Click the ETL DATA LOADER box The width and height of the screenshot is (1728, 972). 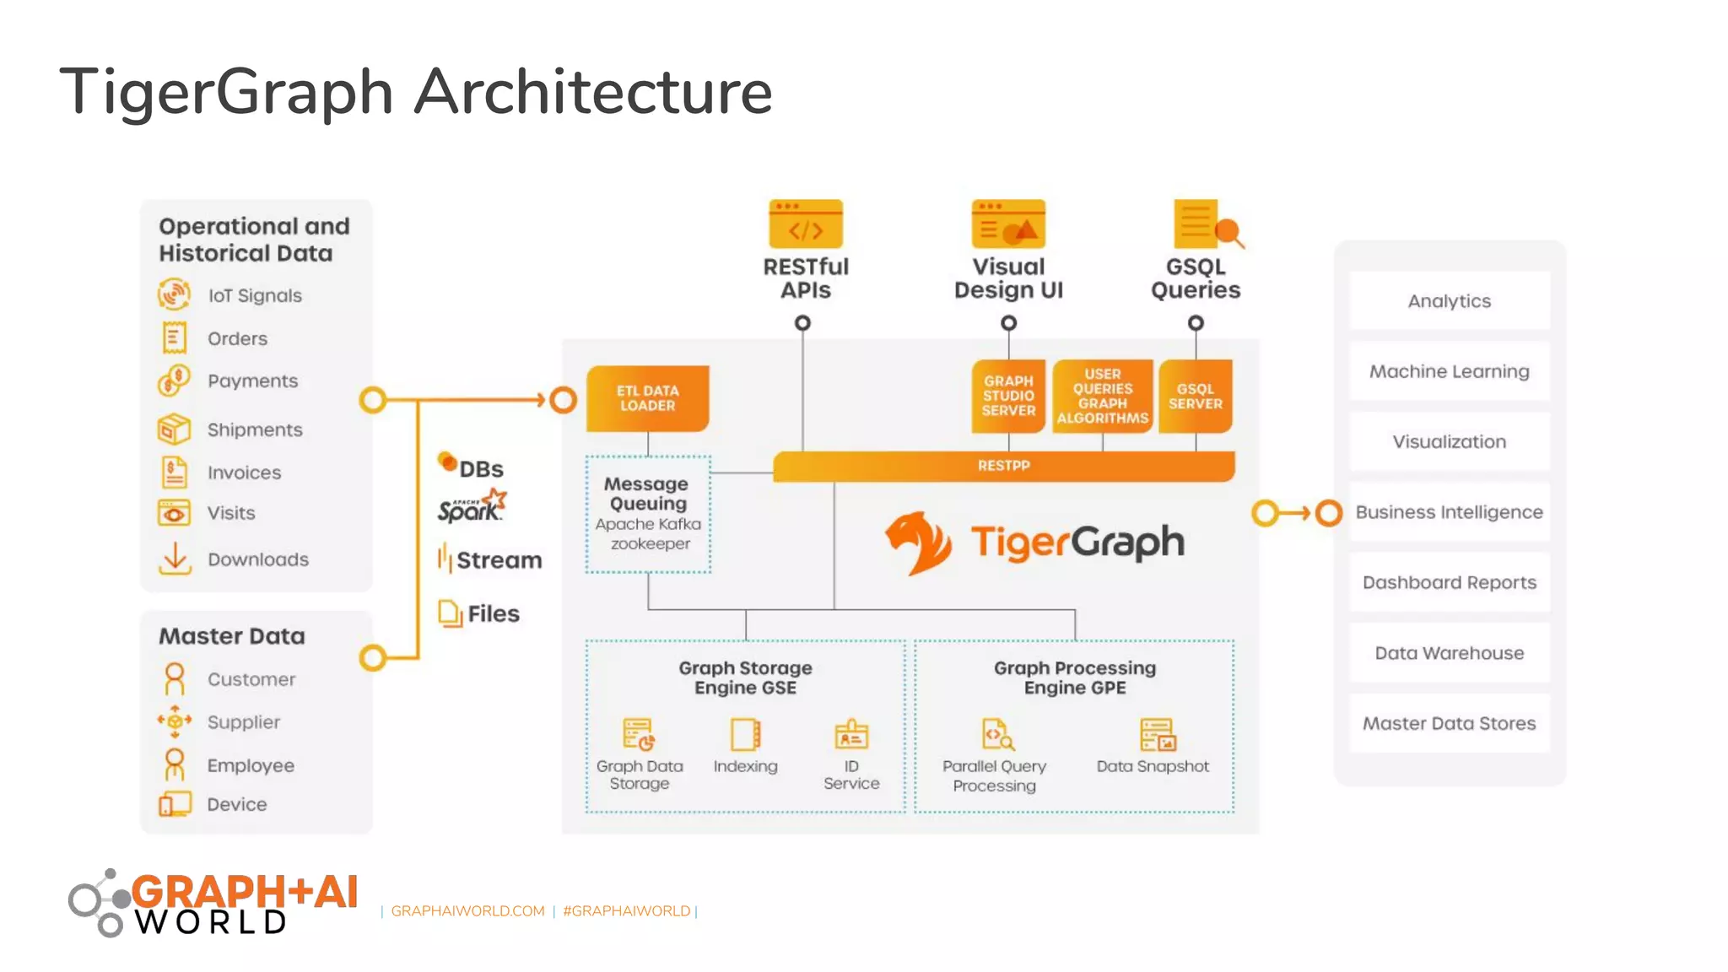(x=647, y=398)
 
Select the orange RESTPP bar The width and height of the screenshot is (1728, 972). (x=1003, y=466)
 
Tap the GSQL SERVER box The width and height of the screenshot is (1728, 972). (x=1195, y=397)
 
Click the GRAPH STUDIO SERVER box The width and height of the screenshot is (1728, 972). (x=1007, y=396)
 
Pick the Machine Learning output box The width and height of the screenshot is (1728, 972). (x=1449, y=371)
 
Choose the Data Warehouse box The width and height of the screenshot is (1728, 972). (x=1449, y=653)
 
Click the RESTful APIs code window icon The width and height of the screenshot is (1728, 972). (x=805, y=224)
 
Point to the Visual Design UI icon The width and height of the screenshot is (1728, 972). (x=1007, y=224)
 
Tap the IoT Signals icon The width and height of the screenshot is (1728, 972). (x=174, y=294)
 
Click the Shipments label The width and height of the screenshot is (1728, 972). (x=255, y=429)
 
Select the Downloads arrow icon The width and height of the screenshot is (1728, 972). (x=175, y=559)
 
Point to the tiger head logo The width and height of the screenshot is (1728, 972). (x=917, y=543)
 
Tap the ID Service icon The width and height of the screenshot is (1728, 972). (x=850, y=735)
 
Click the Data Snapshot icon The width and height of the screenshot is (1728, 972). (x=1156, y=735)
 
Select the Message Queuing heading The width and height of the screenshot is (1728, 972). (x=647, y=494)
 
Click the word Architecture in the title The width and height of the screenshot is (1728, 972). (x=592, y=91)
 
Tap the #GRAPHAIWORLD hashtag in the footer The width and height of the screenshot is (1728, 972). (x=626, y=911)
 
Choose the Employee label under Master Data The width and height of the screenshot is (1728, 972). (x=251, y=765)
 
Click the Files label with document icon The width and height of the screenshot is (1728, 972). (x=493, y=613)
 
